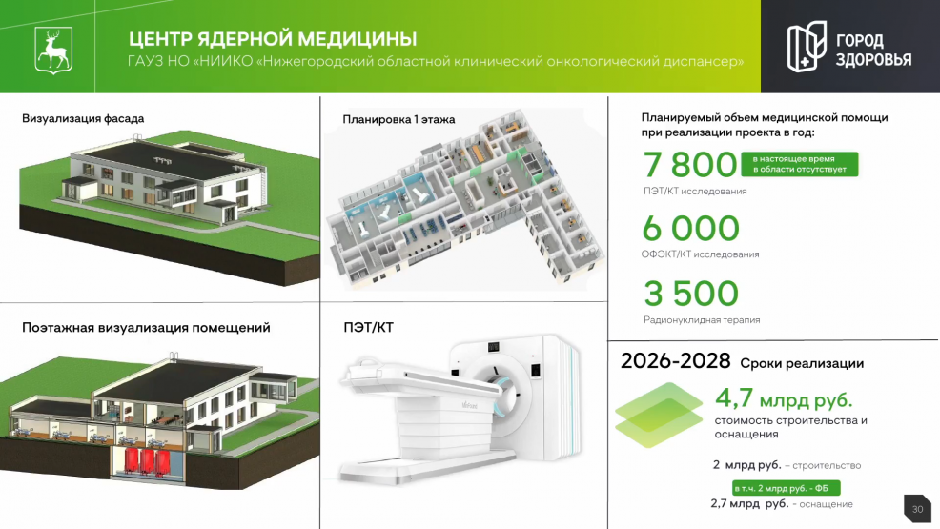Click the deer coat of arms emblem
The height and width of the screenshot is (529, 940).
pos(53,51)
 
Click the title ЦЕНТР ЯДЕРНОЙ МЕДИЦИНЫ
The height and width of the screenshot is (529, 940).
pos(272,39)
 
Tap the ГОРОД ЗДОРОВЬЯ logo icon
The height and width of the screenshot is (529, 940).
pos(807,46)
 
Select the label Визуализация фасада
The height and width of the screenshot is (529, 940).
pos(83,118)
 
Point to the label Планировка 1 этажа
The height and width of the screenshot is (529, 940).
pos(398,119)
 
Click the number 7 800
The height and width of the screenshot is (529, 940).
pos(689,164)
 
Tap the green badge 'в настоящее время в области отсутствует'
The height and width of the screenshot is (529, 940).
pos(799,164)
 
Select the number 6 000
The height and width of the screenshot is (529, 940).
pos(690,228)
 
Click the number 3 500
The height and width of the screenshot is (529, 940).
pos(691,294)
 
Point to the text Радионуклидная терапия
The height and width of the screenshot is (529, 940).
pos(702,320)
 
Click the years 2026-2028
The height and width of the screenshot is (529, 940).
pos(675,361)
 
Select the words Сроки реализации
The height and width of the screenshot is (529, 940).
pos(802,364)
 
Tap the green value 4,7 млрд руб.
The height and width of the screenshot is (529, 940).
pos(784,398)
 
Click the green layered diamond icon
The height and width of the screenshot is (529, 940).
pos(659,416)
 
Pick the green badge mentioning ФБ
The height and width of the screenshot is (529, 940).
pos(786,488)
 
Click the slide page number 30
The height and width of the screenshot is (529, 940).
pos(917,509)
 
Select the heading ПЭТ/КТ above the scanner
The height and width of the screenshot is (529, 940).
pos(368,328)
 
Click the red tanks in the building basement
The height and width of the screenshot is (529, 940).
pos(146,461)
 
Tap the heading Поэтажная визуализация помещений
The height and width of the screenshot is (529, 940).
pos(146,328)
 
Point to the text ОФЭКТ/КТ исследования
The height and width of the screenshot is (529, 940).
pos(700,254)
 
